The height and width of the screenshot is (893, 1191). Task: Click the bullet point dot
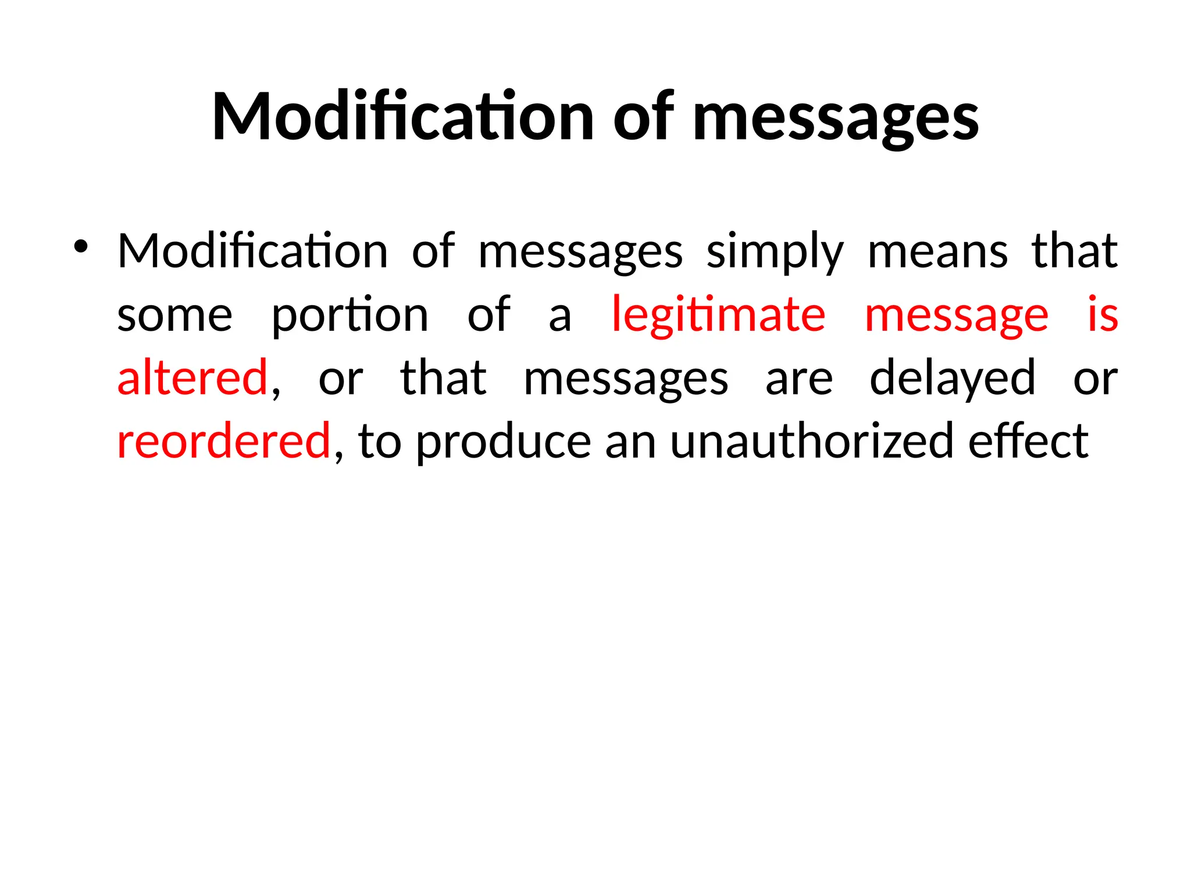(x=81, y=247)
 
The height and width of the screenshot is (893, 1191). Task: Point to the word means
(x=937, y=252)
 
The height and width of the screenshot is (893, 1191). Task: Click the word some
(x=174, y=316)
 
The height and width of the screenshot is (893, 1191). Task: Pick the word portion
(x=350, y=316)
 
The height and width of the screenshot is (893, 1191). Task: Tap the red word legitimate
(x=718, y=316)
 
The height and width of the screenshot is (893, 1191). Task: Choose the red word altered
(x=192, y=378)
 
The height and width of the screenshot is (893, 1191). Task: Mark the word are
(x=799, y=379)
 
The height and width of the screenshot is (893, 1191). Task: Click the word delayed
(x=953, y=379)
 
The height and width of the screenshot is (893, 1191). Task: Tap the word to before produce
(x=380, y=442)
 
